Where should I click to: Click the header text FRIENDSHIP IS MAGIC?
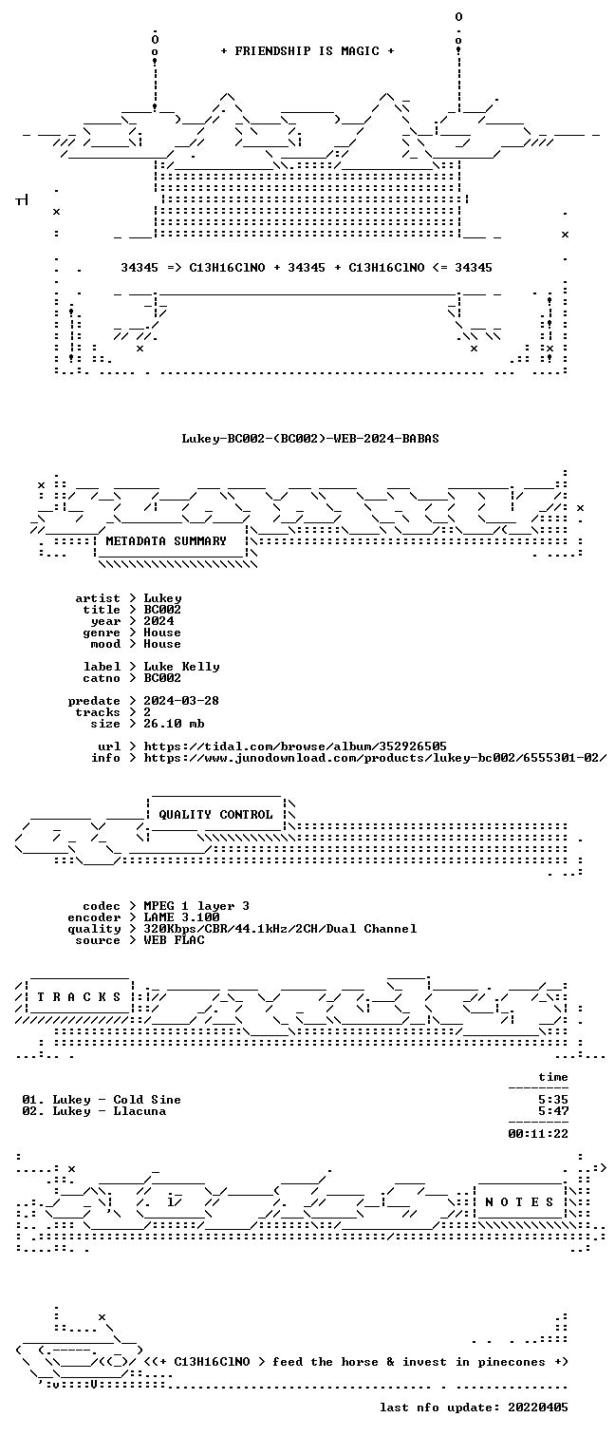point(307,51)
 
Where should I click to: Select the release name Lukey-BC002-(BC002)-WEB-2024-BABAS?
point(310,439)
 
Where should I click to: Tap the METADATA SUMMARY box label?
point(166,541)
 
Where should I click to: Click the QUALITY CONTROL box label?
point(215,815)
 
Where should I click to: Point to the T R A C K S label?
point(79,997)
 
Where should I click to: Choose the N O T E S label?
point(519,1202)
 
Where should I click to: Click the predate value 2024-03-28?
point(181,701)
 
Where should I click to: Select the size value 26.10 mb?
point(174,724)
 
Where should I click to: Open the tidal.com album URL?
point(295,746)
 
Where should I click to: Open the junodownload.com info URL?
point(375,758)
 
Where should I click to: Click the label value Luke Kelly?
point(181,667)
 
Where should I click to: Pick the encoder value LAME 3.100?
point(181,917)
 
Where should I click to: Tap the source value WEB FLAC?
point(174,940)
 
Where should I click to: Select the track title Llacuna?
point(140,1111)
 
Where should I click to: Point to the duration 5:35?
point(553,1100)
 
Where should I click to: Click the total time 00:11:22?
point(538,1133)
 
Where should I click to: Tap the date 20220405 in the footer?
point(538,1408)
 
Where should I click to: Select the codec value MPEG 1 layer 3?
point(196,906)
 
